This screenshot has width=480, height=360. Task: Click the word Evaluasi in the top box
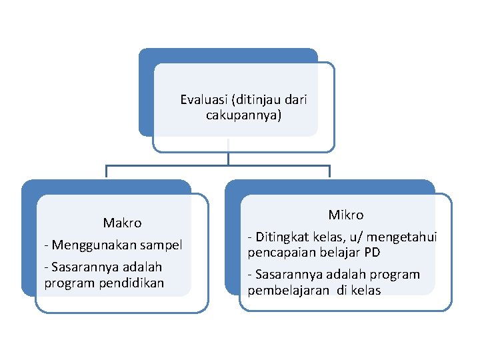tap(203, 101)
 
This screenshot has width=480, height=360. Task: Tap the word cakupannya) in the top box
tap(244, 115)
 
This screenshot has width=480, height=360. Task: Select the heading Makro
tap(122, 223)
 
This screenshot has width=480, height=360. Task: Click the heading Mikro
tap(346, 215)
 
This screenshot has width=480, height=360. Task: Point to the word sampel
tap(160, 245)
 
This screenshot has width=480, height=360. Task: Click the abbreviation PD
tap(372, 253)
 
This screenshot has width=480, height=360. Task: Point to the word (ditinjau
tap(256, 101)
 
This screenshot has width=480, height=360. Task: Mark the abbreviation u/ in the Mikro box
tap(352, 237)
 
